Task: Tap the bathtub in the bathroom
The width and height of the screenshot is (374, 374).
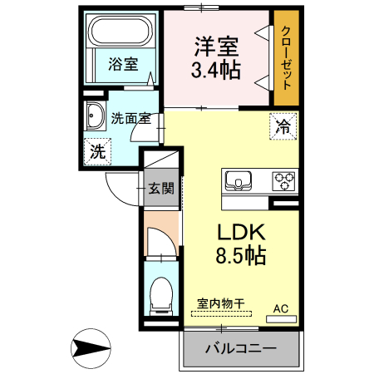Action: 120,33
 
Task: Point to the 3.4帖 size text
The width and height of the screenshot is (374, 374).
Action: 216,70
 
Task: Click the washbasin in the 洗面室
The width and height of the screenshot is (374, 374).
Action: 93,117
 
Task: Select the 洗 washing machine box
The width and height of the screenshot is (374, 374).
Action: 98,152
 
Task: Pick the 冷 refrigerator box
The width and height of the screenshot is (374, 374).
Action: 283,127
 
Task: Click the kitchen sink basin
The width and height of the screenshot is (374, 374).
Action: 238,180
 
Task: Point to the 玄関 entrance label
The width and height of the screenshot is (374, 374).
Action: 160,188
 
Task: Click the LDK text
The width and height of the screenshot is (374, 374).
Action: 242,232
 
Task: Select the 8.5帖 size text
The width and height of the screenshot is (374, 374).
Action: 241,255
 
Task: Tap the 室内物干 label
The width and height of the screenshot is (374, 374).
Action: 221,303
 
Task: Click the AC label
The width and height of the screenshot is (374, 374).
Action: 281,309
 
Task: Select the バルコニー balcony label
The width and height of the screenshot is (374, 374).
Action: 240,347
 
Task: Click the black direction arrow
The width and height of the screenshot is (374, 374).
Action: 90,347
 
